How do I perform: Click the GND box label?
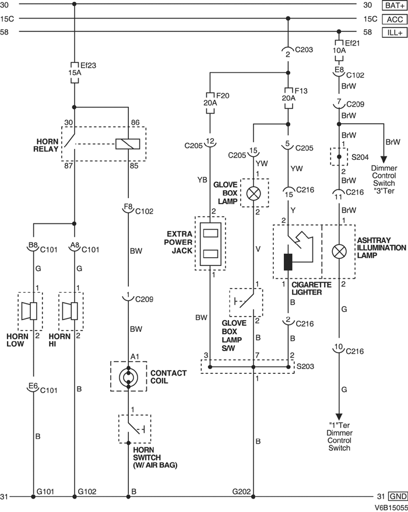point(396,496)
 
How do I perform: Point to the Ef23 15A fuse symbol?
point(75,70)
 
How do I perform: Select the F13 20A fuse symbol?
point(288,94)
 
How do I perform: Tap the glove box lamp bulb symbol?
point(254,193)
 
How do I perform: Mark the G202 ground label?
point(242,492)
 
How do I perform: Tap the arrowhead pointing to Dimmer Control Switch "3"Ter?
point(384,160)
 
